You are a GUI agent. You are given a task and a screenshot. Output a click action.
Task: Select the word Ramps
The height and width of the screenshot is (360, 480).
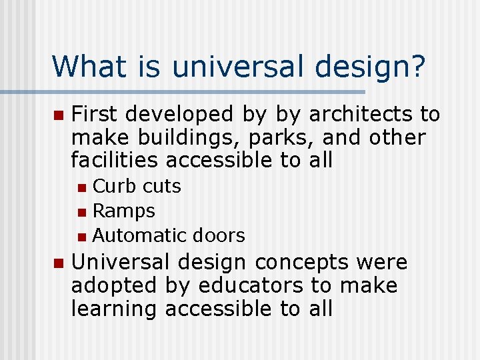124,211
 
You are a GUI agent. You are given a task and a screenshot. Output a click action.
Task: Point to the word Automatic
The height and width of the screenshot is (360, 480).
140,235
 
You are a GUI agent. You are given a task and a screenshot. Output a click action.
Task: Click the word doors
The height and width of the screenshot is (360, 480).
219,235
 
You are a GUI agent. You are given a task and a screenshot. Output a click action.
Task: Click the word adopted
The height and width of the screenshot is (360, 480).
113,285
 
